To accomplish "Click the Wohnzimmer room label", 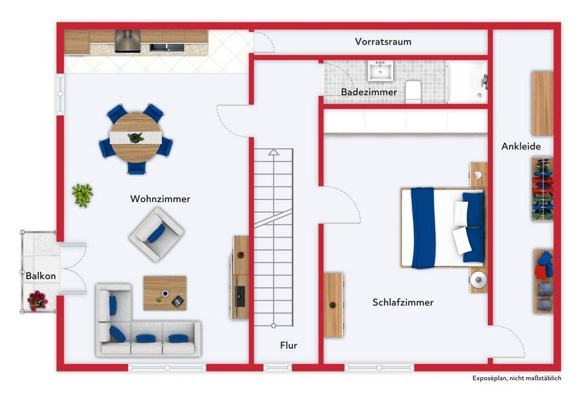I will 160,199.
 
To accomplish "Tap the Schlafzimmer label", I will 403,302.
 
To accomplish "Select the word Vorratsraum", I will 383,42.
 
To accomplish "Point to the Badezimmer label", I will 369,92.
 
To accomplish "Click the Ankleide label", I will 521,147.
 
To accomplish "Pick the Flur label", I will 288,345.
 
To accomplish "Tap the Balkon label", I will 41,276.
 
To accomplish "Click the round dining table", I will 136,137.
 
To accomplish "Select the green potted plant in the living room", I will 82,195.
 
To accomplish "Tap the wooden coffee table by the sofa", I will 165,292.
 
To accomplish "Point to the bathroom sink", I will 381,71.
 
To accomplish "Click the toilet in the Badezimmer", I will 413,92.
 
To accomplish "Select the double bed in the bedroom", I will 443,228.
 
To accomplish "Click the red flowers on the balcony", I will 37,300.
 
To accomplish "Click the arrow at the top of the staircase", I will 274,152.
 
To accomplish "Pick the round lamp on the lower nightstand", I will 478,280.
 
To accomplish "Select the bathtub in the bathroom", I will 467,82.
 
